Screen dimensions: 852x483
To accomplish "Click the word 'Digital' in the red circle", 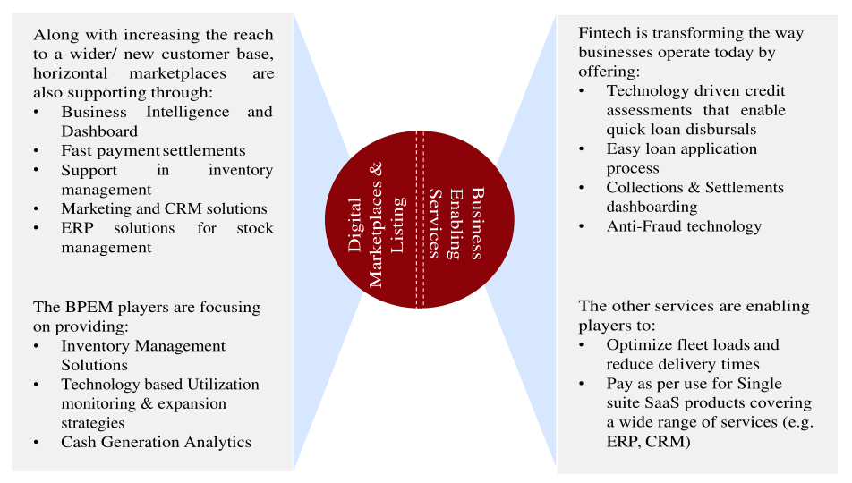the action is [x=354, y=225].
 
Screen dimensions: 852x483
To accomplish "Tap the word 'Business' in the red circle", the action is [x=476, y=224].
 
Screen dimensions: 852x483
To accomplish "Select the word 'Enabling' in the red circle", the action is [x=456, y=224].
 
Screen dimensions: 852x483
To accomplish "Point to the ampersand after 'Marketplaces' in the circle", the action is [x=376, y=168].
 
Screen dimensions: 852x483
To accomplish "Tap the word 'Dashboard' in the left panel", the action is [x=99, y=131].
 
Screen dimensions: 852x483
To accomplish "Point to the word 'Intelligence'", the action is [x=187, y=113].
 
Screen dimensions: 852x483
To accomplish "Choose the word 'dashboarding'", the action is [x=652, y=207].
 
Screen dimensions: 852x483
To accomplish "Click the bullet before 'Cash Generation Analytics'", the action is [x=36, y=442].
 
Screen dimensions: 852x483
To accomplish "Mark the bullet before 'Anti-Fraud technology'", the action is [x=582, y=226].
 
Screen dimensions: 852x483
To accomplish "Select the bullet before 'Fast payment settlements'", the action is [x=36, y=150].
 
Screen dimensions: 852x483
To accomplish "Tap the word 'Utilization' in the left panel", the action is [x=224, y=385].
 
